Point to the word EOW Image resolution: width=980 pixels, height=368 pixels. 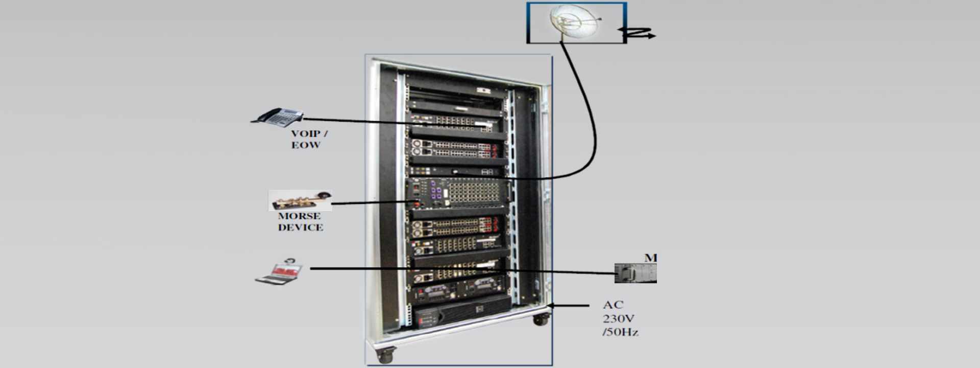point(306,145)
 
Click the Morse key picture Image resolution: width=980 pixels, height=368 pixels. point(300,200)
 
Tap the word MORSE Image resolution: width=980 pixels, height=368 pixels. point(299,216)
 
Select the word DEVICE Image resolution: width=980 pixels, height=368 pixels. point(300,228)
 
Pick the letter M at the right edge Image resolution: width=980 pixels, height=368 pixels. point(650,258)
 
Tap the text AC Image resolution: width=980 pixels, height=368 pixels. point(613,305)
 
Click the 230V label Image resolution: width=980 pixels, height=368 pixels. point(618,318)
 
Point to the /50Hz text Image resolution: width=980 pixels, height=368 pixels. point(620,332)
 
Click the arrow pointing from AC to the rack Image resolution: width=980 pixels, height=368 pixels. point(570,306)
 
